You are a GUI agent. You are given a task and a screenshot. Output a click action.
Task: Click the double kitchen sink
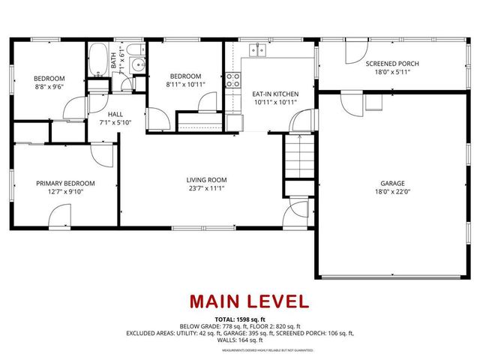coord(257,49)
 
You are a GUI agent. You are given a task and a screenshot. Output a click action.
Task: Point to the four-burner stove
coord(233,80)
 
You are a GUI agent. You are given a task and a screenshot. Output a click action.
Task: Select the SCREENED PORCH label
coord(392,64)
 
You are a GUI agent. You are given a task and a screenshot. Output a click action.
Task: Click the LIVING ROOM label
coord(206,180)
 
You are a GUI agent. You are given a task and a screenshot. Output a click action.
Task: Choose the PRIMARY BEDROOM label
coord(66,183)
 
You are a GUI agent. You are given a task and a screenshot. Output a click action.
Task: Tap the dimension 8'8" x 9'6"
coord(49,86)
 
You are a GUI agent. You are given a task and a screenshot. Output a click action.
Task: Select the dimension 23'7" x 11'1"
coord(206,188)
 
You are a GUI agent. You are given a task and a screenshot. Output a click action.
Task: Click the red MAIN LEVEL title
coord(248,301)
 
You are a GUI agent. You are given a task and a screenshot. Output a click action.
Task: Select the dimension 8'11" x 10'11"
coord(184,85)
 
